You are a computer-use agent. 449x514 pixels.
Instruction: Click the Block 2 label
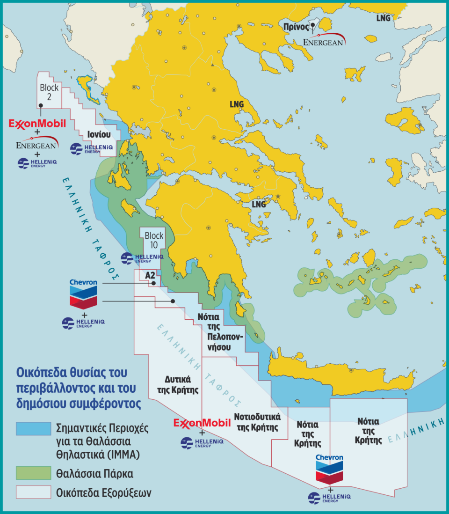click(x=49, y=92)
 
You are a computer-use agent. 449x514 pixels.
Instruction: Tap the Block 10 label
click(x=154, y=240)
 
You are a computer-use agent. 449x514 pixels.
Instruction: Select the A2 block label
click(x=150, y=275)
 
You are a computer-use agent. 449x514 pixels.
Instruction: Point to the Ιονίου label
click(x=99, y=134)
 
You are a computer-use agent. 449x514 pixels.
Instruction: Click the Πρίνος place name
click(x=296, y=27)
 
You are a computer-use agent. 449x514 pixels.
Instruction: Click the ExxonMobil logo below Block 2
click(x=37, y=124)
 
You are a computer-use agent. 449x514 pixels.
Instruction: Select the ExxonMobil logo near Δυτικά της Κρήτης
click(x=202, y=423)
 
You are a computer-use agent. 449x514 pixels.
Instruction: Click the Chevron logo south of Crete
click(x=329, y=469)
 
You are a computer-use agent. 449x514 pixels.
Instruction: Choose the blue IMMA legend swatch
click(x=33, y=429)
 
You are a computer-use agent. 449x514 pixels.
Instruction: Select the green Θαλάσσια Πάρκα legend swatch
click(x=33, y=473)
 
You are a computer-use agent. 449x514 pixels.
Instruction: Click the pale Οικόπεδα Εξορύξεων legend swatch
click(x=33, y=492)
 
